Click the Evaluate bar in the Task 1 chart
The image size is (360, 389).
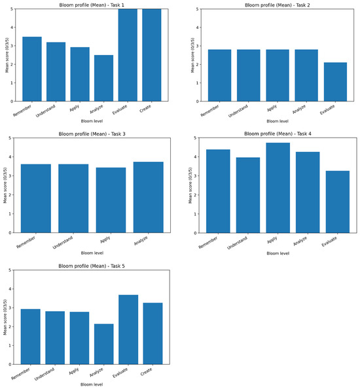pyautogui.click(x=128, y=55)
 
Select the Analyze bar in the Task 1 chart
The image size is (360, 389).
pyautogui.click(x=103, y=78)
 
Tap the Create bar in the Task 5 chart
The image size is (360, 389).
pyautogui.click(x=153, y=333)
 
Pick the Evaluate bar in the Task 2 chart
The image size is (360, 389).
pyautogui.click(x=335, y=82)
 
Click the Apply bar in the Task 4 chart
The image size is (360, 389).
pyautogui.click(x=278, y=188)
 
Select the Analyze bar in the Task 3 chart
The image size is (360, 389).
pyautogui.click(x=149, y=197)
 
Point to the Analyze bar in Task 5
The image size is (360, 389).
pyautogui.click(x=104, y=344)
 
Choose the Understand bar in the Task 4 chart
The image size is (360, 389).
pyautogui.click(x=248, y=195)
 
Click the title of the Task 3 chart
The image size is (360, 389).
pyautogui.click(x=92, y=134)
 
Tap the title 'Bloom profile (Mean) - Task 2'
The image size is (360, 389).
pyautogui.click(x=277, y=5)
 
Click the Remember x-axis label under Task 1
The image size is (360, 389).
pyautogui.click(x=22, y=111)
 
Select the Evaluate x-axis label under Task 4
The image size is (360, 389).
pyautogui.click(x=329, y=242)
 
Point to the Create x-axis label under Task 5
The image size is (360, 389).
pyautogui.click(x=146, y=372)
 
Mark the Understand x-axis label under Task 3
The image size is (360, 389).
pyautogui.click(x=63, y=242)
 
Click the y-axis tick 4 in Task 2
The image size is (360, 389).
pyautogui.click(x=198, y=28)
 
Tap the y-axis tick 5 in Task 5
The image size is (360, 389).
pyautogui.click(x=10, y=270)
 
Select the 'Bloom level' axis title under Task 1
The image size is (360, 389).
pyautogui.click(x=92, y=121)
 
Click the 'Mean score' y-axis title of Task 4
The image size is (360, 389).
pyautogui.click(x=190, y=185)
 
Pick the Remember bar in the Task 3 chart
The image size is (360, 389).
pyautogui.click(x=36, y=198)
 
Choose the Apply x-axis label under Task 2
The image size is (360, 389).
pyautogui.click(x=272, y=108)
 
